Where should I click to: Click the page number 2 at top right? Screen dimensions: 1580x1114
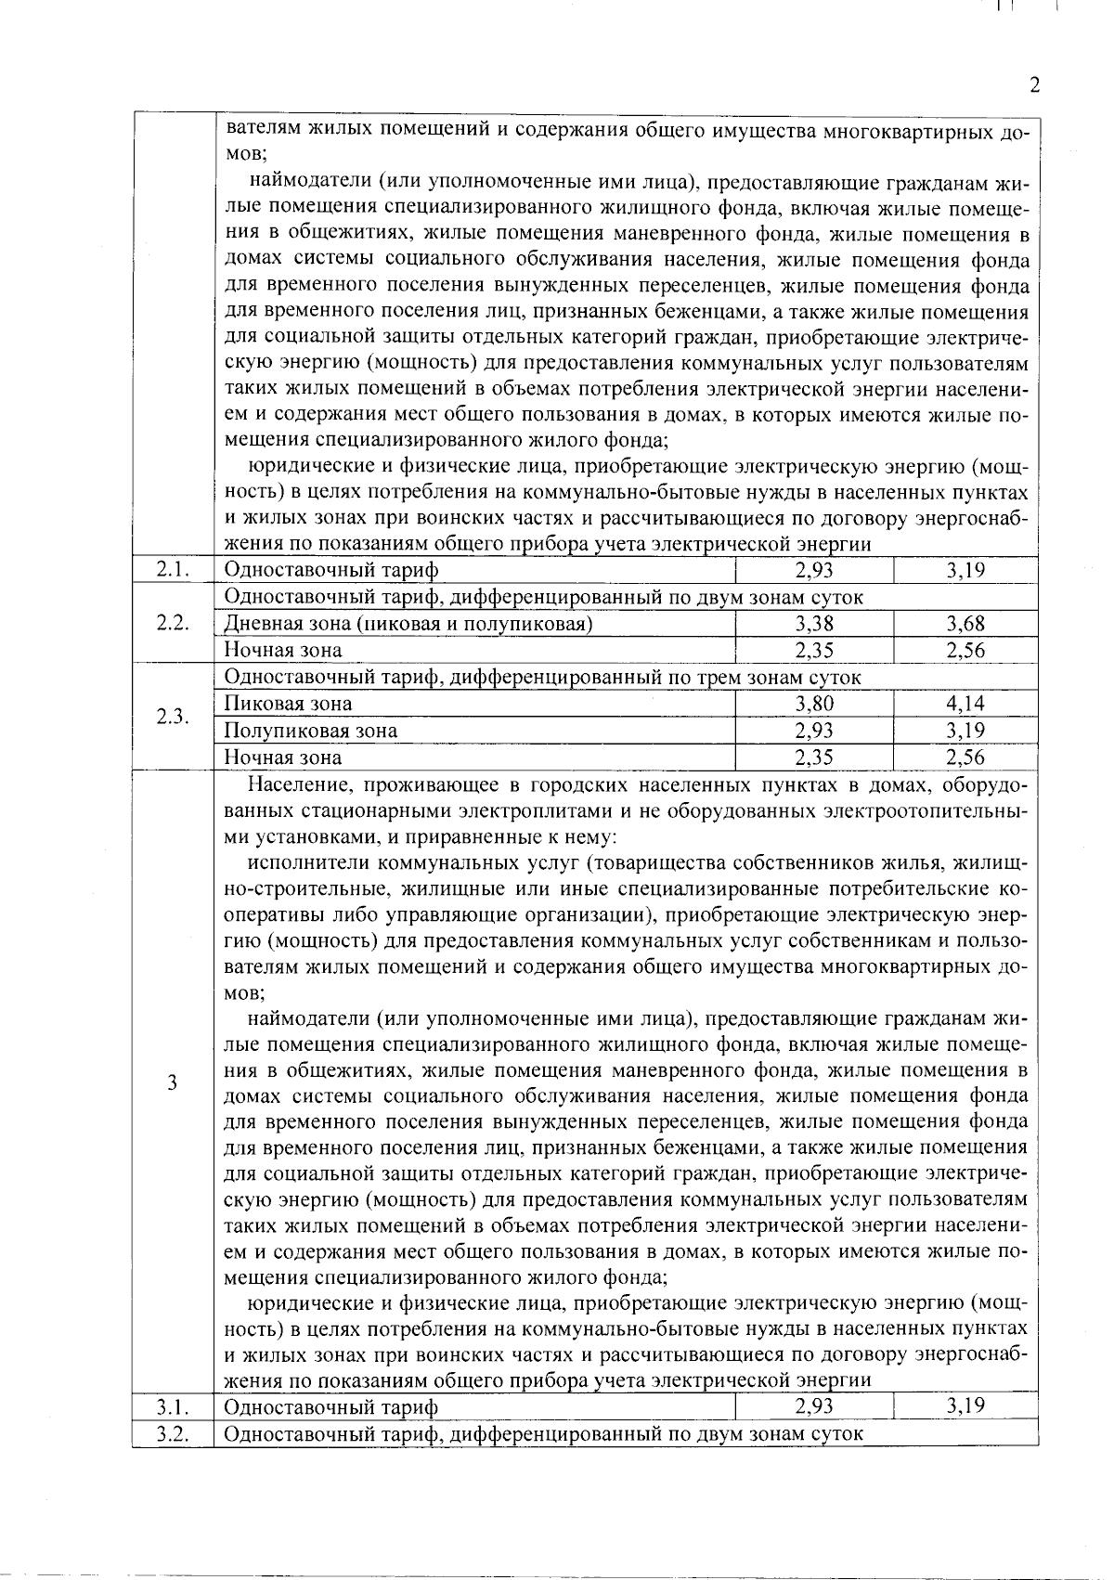click(x=1035, y=86)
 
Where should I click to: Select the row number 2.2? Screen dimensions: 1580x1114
click(x=174, y=623)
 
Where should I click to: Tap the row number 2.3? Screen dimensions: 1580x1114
click(x=174, y=717)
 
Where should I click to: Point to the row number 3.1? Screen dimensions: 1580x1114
click(x=174, y=1407)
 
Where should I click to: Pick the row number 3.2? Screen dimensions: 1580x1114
click(x=174, y=1433)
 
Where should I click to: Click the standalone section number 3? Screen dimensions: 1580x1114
click(x=173, y=1082)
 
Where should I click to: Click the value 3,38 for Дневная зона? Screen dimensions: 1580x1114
click(x=814, y=624)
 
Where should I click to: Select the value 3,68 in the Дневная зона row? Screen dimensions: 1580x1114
click(x=965, y=624)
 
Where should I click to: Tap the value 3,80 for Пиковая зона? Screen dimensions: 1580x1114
click(x=814, y=704)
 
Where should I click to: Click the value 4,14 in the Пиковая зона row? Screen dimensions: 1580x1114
click(x=965, y=704)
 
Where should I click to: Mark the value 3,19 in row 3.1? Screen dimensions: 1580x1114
click(x=965, y=1407)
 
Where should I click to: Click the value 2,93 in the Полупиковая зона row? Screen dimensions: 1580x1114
click(x=814, y=731)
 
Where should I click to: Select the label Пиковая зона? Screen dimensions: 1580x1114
click(x=289, y=704)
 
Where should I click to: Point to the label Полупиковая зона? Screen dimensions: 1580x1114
click(x=311, y=731)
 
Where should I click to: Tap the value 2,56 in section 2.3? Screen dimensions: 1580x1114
click(x=965, y=758)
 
